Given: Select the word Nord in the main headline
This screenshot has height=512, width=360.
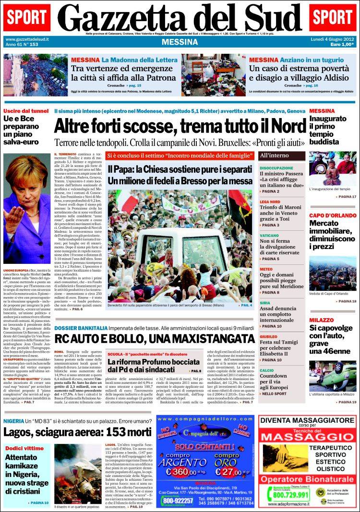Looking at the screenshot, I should pyautogui.click(x=282, y=126).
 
